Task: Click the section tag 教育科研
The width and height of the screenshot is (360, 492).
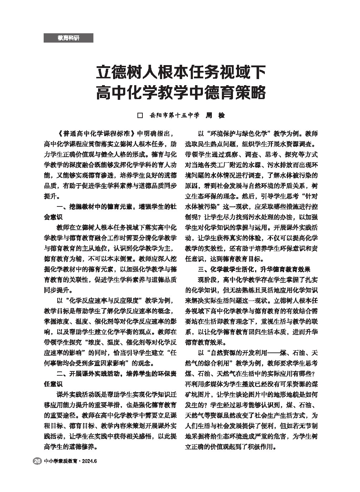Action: coord(68,38)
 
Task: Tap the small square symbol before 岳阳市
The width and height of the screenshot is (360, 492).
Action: coord(140,116)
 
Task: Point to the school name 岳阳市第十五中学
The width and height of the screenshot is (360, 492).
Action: coord(175,116)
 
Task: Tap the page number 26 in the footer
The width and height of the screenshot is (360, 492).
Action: coord(37,461)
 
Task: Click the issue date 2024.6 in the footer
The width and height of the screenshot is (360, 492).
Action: coord(89,461)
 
